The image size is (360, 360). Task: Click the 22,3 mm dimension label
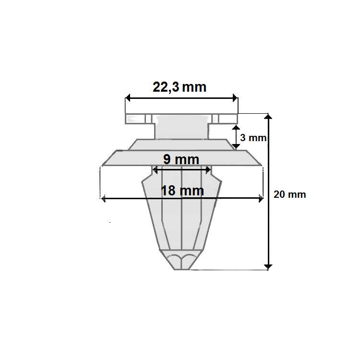tap(180, 87)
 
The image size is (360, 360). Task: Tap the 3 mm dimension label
tap(253, 138)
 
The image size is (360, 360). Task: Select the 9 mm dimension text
tap(181, 159)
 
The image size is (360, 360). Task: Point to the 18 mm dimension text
tap(182, 191)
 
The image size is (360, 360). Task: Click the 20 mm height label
tap(289, 194)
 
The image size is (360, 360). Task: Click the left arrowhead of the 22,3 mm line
tap(128, 98)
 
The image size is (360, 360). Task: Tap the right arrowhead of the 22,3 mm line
tap(235, 98)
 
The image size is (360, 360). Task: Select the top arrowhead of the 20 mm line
tap(268, 117)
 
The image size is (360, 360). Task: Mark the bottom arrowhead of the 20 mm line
tap(268, 267)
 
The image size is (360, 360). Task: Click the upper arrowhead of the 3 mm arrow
tap(236, 128)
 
